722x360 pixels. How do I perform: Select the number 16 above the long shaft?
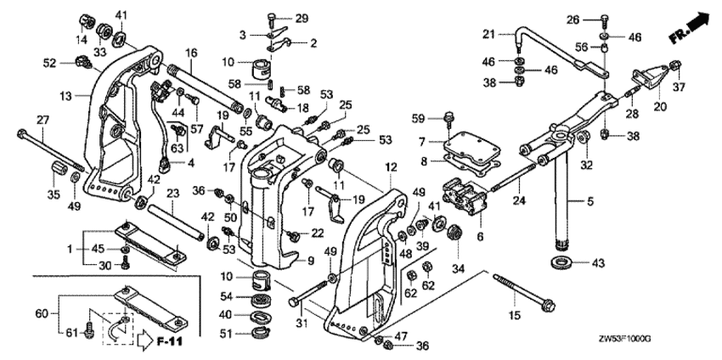(x=192, y=53)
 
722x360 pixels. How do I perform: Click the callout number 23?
(x=172, y=194)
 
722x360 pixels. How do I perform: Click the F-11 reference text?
(x=172, y=342)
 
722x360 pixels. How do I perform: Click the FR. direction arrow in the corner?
(x=688, y=29)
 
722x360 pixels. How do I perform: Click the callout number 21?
(x=488, y=34)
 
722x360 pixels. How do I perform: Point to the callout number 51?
(x=225, y=334)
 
